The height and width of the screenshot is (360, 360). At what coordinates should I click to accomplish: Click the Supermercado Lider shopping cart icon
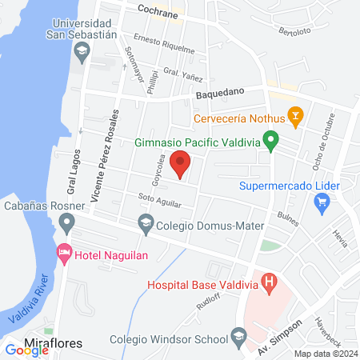pyautogui.click(x=324, y=202)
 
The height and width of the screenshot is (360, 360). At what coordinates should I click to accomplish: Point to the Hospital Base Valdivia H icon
pyautogui.click(x=270, y=282)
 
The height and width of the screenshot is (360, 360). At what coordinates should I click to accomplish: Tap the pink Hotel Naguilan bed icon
pyautogui.click(x=64, y=254)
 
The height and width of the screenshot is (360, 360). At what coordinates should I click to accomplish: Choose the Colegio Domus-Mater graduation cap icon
pyautogui.click(x=146, y=225)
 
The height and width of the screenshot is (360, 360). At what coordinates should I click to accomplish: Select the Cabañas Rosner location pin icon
pyautogui.click(x=67, y=221)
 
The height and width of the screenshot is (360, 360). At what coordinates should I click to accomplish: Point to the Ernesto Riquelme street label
pyautogui.click(x=164, y=43)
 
